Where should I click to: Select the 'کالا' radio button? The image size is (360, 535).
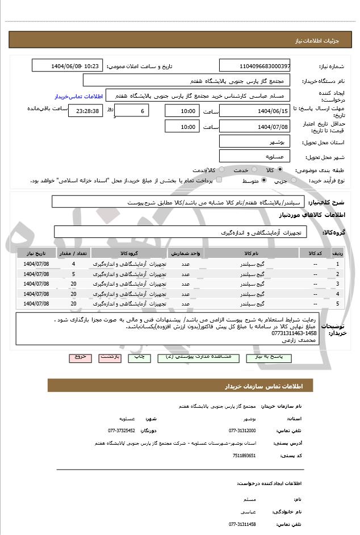point(295,170)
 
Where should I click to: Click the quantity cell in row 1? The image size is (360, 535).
point(74,264)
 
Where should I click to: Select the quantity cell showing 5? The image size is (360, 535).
point(74,274)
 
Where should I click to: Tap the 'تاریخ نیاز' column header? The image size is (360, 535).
point(36,253)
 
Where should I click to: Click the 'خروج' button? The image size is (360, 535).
point(80,358)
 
